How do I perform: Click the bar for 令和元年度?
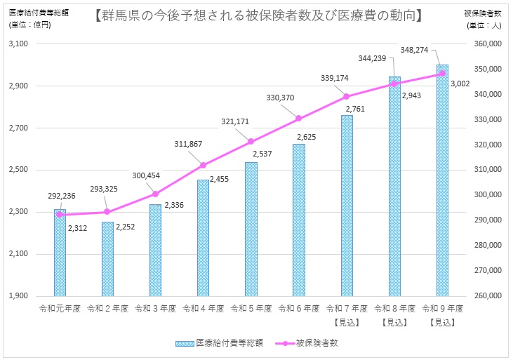(x=60, y=253)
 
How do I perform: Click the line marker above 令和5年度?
(x=251, y=142)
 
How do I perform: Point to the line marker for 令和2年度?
(x=107, y=212)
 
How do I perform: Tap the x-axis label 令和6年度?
(x=299, y=308)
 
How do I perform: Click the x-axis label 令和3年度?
(x=155, y=308)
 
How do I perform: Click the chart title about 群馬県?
(x=258, y=14)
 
